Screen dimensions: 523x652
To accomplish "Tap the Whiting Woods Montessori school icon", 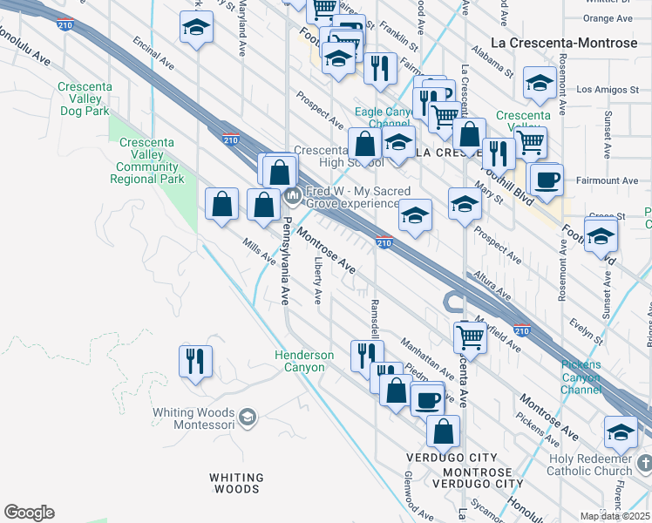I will tap(248, 418).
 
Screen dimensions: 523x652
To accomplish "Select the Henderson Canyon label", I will tap(304, 361).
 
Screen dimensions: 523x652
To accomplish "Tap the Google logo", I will tap(29, 513).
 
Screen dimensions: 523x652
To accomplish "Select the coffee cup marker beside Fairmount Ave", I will tap(547, 180).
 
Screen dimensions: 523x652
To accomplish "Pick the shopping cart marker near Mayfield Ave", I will tap(470, 336).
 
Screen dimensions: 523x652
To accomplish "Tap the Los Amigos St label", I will tap(601, 90).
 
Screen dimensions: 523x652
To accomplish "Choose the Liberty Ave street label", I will tap(318, 278).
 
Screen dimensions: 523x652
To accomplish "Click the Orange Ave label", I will tap(600, 18).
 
